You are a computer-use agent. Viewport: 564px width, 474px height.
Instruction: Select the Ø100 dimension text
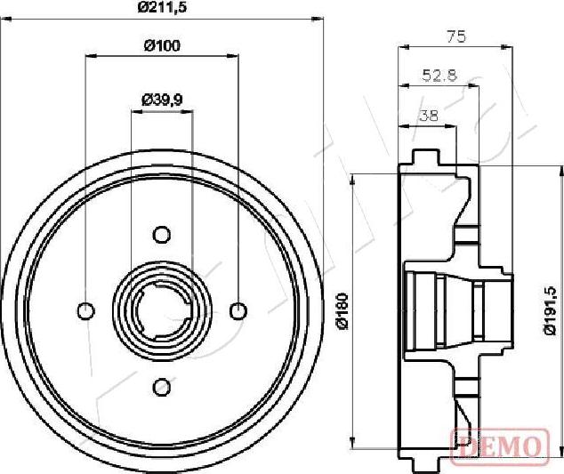coord(162,46)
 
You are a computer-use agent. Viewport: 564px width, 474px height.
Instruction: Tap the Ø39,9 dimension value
coord(162,100)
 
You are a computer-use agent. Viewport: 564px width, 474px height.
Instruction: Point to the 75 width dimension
coord(455,36)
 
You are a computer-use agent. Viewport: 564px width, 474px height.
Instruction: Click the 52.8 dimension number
coord(439,76)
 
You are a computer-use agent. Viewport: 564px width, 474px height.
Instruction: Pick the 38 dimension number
coord(428,115)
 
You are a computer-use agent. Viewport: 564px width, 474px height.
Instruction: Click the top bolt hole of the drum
coord(162,234)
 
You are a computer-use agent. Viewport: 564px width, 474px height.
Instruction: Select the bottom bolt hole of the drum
coord(162,387)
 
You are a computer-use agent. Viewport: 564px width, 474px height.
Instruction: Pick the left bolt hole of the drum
coord(85,310)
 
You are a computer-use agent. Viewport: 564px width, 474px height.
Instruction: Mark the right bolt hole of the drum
coord(238,310)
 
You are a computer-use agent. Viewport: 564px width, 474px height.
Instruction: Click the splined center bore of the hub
coord(162,310)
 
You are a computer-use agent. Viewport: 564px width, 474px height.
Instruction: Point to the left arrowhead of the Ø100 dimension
coord(90,57)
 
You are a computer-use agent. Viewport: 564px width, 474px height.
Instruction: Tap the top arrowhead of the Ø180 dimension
coord(354,179)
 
